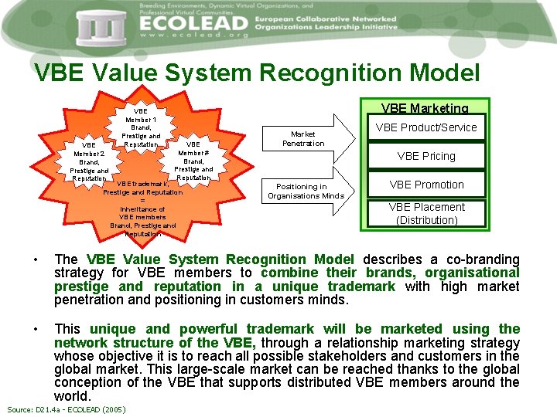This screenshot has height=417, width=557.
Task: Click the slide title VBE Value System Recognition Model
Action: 257,73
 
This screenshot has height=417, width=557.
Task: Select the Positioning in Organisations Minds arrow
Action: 306,191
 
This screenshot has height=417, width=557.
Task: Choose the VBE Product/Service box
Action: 427,127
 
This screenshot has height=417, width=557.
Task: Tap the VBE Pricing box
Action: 427,156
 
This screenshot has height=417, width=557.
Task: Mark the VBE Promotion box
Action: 427,185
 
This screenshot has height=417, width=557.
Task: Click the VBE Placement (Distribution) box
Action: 427,213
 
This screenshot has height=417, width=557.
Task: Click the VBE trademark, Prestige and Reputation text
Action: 143,188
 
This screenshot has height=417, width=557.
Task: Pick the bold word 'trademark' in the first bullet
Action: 361,286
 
